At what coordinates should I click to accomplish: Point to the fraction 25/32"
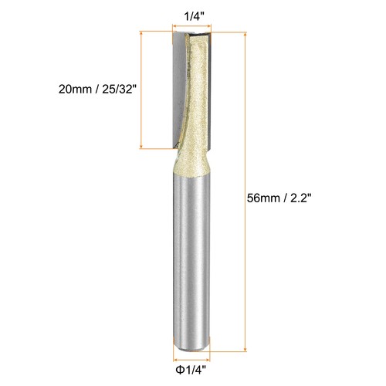click(x=120, y=89)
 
